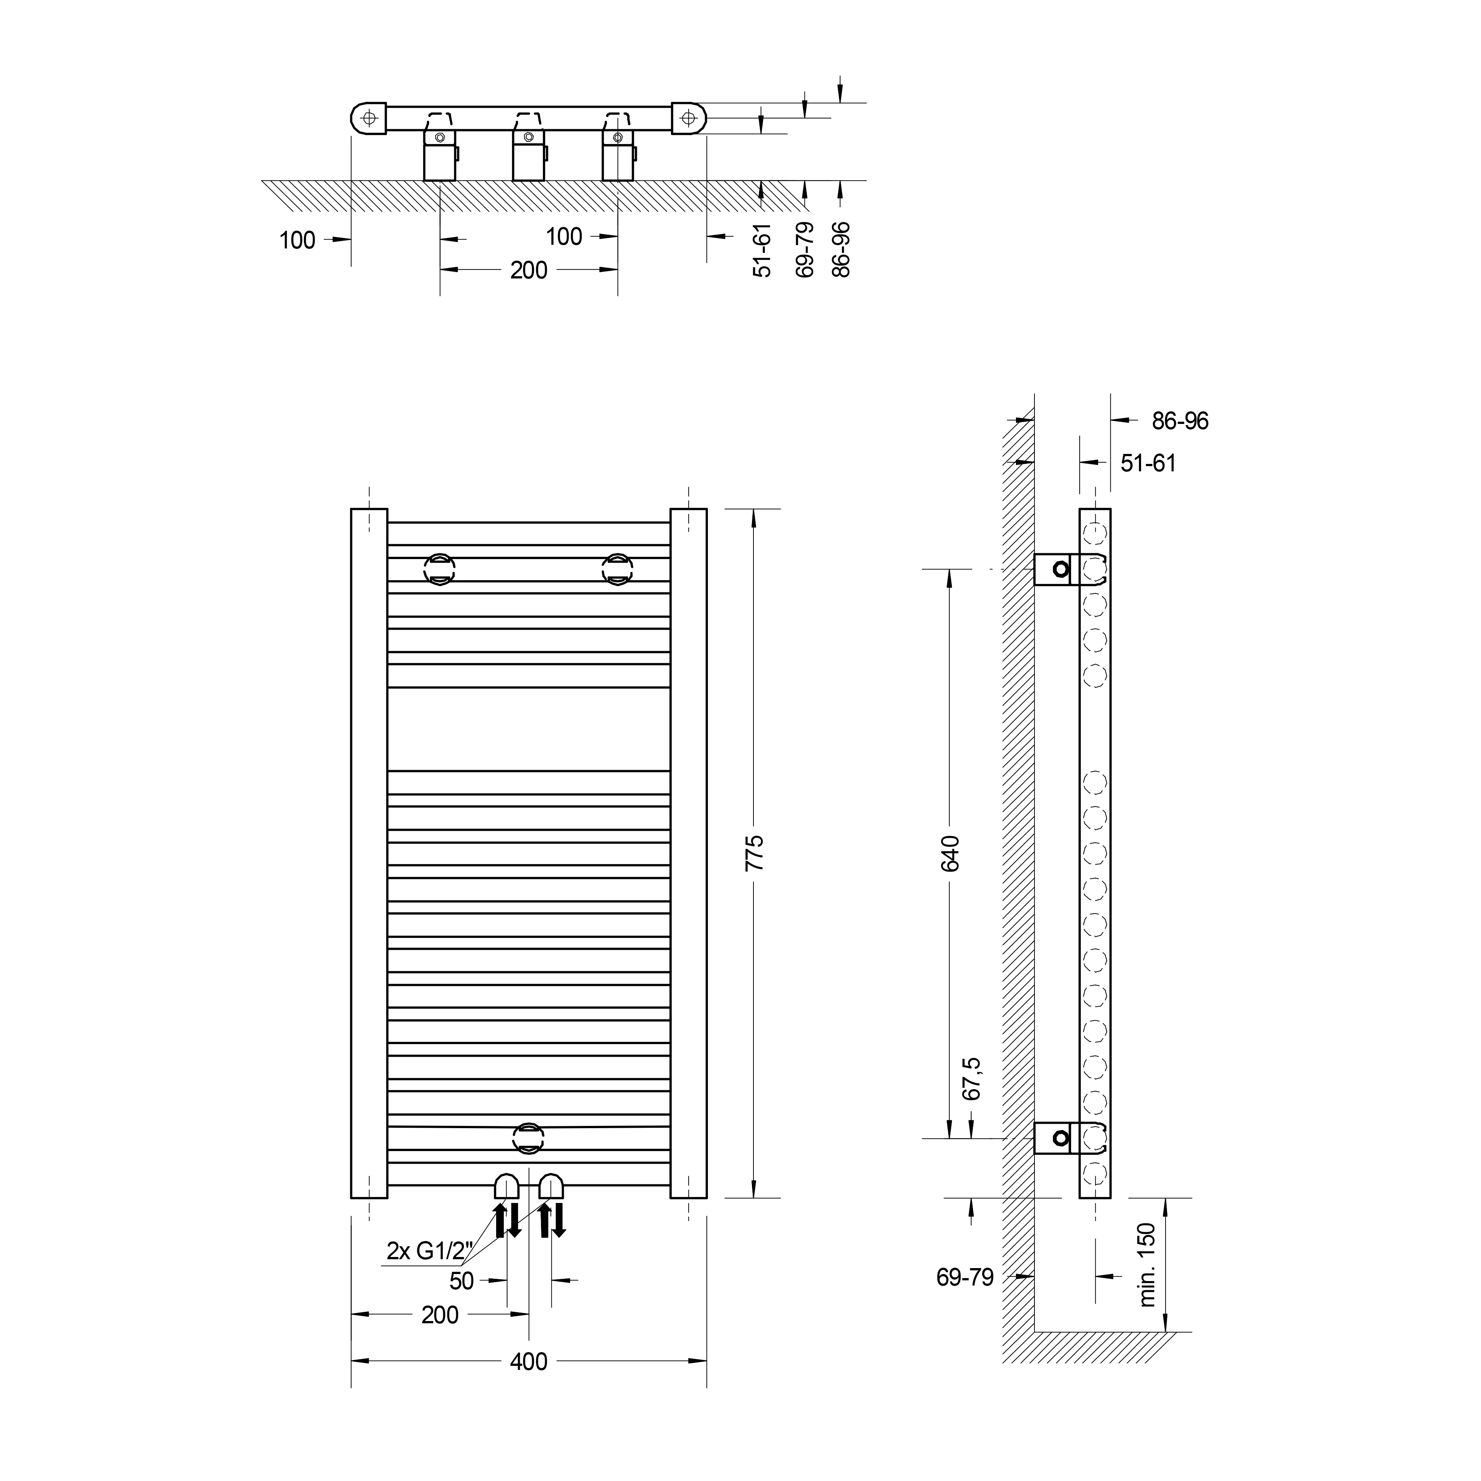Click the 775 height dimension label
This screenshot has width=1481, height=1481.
[755, 852]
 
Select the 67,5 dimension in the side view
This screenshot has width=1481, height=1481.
[971, 1079]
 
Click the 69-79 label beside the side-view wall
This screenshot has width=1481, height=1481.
[965, 1277]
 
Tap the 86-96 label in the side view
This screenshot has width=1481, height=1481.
[1180, 421]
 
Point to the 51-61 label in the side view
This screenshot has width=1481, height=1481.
[1147, 463]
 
